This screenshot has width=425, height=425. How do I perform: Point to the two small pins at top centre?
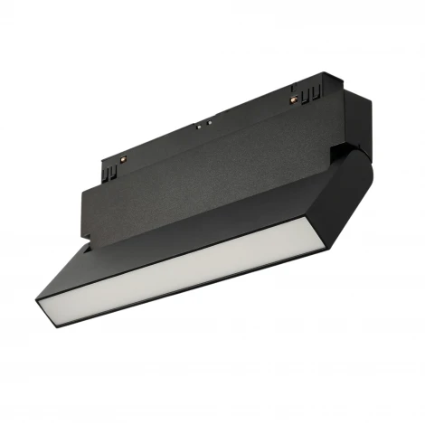coord(207,122)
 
